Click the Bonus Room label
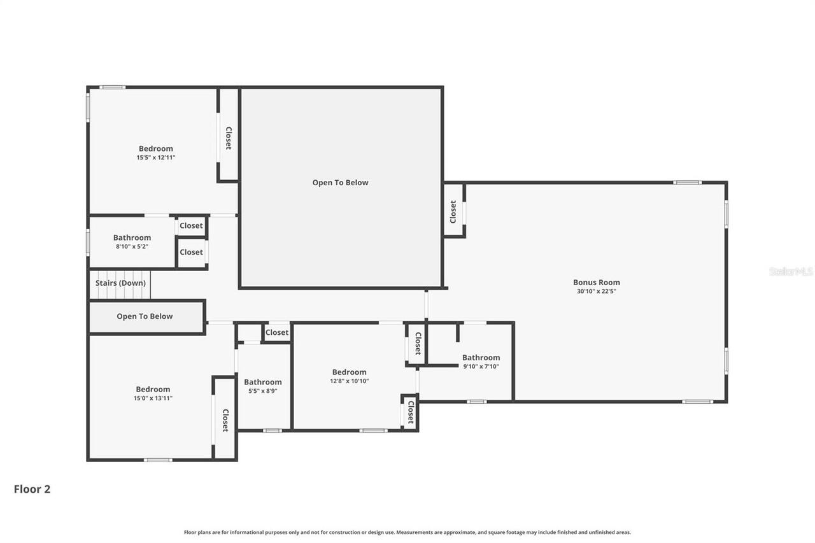coord(596,283)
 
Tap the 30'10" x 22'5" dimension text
coord(596,292)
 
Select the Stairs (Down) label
coord(120,283)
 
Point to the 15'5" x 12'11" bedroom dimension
coord(156,157)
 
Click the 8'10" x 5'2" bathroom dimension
coord(132,246)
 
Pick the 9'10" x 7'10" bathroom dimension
coord(481,366)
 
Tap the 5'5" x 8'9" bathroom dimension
coord(262,391)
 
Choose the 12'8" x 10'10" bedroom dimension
coord(349,381)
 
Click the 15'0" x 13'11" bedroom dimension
coord(153,398)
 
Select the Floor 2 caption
coord(32,489)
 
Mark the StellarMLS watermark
coord(791,271)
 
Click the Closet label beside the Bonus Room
coord(453,211)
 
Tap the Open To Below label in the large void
coord(340,183)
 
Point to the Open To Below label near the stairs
coord(145,316)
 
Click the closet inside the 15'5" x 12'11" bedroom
coord(228,138)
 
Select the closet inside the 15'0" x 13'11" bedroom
coord(225,420)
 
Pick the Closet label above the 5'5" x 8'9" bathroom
coord(277,332)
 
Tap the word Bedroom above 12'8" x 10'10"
coord(349,372)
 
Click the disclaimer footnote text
coord(407,532)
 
